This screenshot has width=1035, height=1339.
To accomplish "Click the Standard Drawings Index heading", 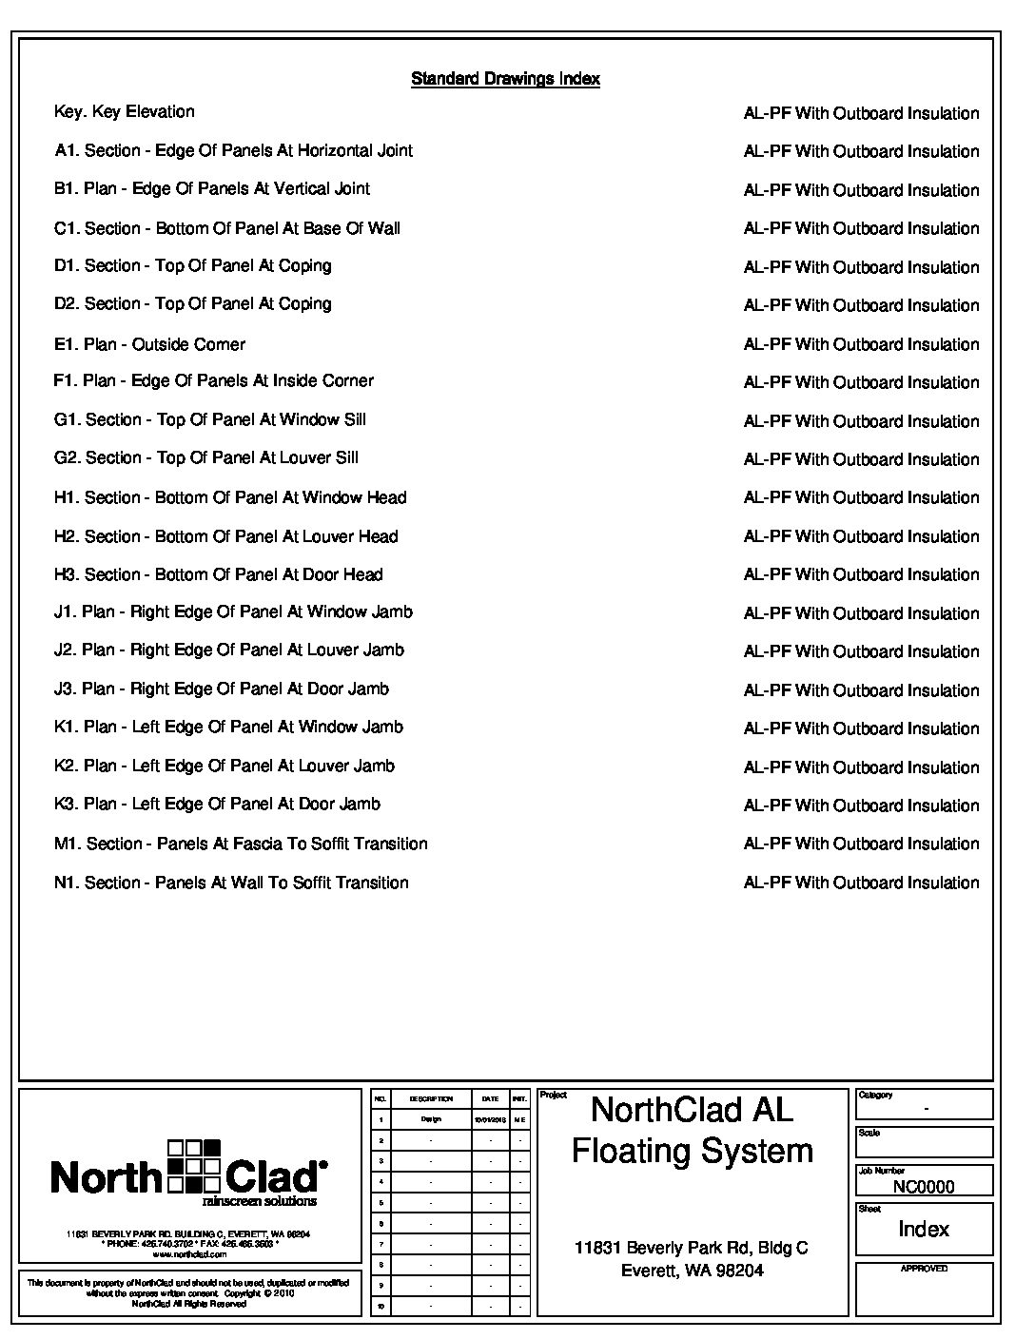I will click(505, 79).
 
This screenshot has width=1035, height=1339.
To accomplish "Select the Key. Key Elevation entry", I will click(125, 112).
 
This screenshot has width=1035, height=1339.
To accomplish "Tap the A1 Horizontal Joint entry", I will click(233, 150).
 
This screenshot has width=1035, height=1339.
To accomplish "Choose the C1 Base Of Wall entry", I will click(227, 228).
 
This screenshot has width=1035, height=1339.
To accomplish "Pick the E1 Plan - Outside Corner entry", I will click(149, 344).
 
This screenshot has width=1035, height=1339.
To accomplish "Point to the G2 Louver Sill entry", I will click(206, 458).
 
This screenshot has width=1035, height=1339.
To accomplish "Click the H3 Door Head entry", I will click(219, 574).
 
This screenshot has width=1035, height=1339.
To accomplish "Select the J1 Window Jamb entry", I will click(233, 612).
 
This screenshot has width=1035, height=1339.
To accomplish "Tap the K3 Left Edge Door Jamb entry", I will click(217, 805).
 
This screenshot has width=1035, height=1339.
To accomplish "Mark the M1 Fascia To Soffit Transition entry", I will click(241, 844).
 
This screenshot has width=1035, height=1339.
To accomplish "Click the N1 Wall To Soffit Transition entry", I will click(231, 883).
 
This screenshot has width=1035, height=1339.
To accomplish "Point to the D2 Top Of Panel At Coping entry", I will click(193, 304).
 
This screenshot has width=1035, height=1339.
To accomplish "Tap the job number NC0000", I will click(924, 1187).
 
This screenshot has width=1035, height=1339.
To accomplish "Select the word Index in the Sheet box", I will click(924, 1230).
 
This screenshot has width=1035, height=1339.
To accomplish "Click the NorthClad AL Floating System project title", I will click(692, 1130).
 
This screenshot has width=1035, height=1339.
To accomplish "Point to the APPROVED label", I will click(924, 1269).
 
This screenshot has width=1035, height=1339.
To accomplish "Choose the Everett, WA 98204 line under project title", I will click(692, 1271).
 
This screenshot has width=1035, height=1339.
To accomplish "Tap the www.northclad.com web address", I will click(188, 1254).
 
